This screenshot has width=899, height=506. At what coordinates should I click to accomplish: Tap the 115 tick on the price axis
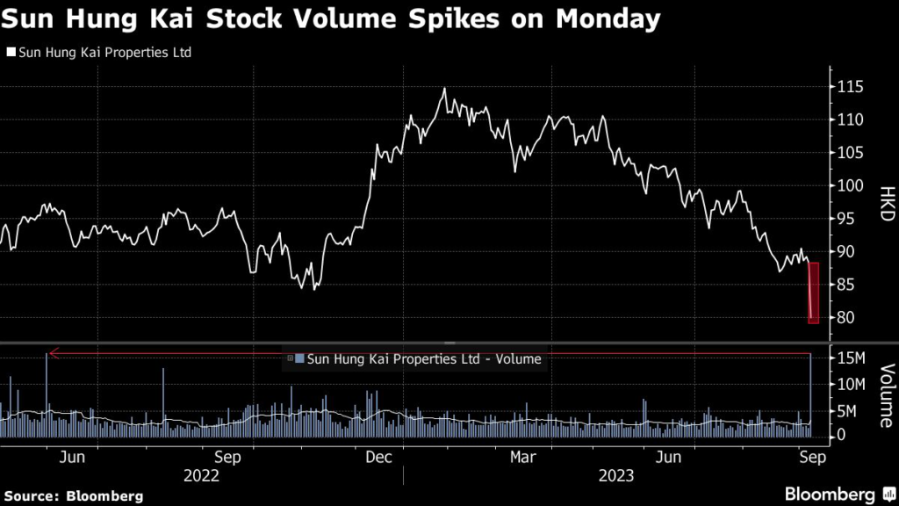[x=849, y=87]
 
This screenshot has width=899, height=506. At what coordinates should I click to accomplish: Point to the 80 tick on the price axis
[x=845, y=317]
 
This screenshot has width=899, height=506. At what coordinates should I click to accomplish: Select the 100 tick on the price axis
[x=849, y=185]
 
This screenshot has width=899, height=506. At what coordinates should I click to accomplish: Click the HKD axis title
[x=884, y=202]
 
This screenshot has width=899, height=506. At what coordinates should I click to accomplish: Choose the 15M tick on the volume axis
[x=850, y=358]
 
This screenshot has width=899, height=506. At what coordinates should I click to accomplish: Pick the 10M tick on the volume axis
[x=850, y=384]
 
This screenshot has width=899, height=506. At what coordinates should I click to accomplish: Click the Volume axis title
[x=885, y=395]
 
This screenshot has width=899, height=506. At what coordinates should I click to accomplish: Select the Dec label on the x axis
[x=378, y=457]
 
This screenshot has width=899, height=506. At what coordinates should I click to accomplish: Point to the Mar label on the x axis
[x=524, y=457]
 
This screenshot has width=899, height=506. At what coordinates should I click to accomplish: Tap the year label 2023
[x=616, y=475]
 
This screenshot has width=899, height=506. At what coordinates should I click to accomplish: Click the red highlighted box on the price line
[x=813, y=293]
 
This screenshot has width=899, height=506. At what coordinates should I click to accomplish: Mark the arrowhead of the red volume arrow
[x=52, y=353]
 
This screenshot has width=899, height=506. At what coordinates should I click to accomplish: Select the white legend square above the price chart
[x=11, y=53]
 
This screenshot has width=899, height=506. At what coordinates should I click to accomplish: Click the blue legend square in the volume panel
[x=299, y=358]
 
